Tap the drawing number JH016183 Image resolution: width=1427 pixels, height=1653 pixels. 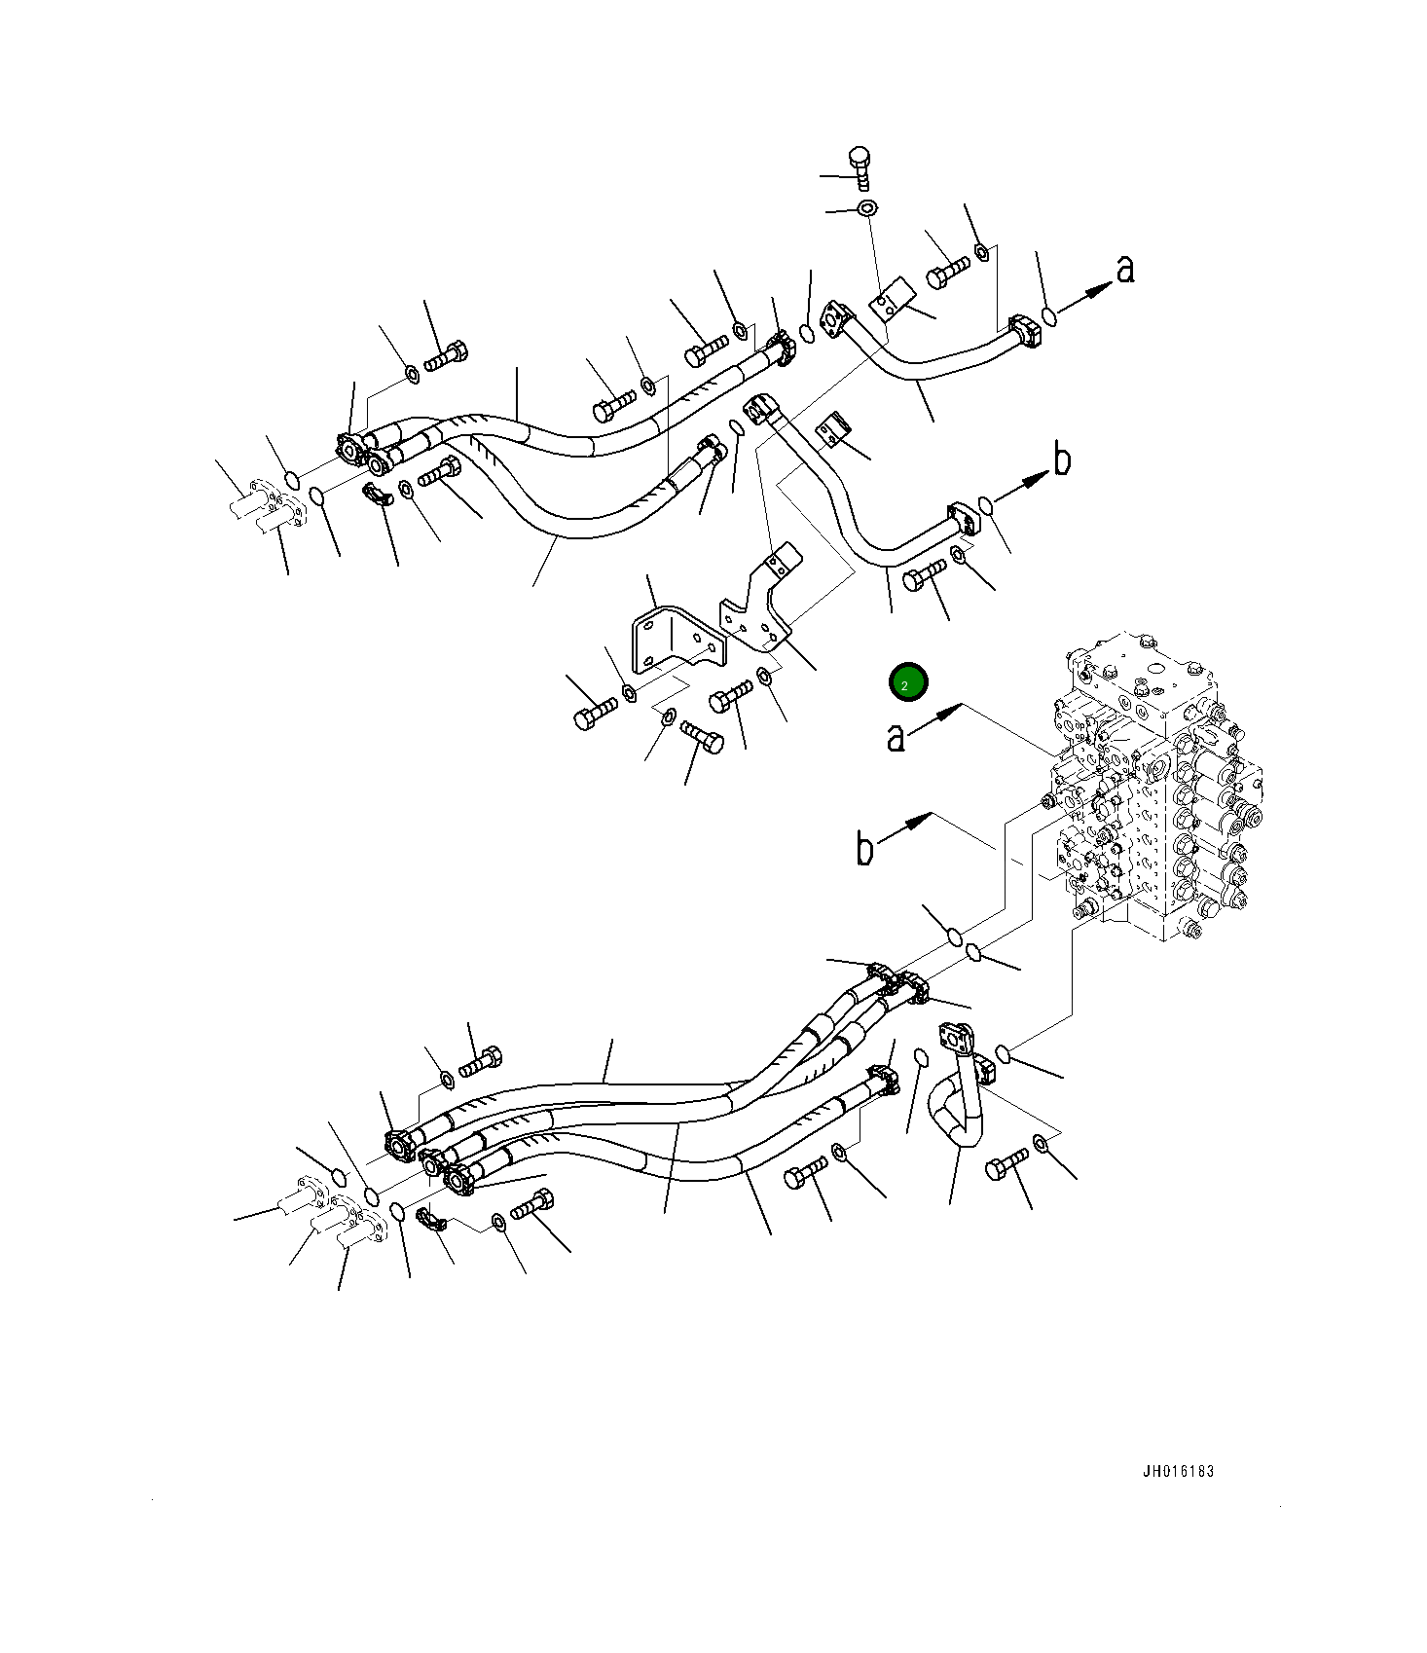[1178, 1471]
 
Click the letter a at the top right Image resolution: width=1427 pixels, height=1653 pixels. [1125, 269]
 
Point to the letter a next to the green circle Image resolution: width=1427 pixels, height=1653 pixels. [896, 737]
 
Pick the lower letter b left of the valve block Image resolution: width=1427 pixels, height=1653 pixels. [864, 848]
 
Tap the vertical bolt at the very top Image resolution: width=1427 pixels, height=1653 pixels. [859, 167]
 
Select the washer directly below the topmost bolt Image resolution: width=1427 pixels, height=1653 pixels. [865, 208]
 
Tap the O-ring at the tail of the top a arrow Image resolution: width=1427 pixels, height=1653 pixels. [1048, 315]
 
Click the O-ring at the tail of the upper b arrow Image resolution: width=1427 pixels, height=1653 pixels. [985, 504]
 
